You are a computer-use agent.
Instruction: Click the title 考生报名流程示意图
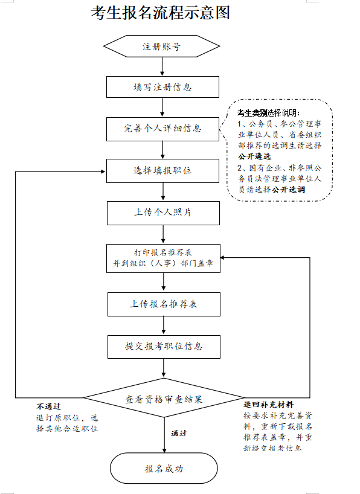pyautogui.click(x=160, y=13)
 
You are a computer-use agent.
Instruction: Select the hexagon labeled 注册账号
pyautogui.click(x=162, y=47)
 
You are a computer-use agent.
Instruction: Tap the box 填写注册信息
pyautogui.click(x=162, y=87)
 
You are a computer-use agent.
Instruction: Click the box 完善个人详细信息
pyautogui.click(x=162, y=129)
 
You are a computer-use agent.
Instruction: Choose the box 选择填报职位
pyautogui.click(x=162, y=171)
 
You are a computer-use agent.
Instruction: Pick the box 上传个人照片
pyautogui.click(x=163, y=213)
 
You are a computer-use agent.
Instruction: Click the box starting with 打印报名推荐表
pyautogui.click(x=163, y=258)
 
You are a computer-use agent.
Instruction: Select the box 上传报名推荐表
pyautogui.click(x=164, y=304)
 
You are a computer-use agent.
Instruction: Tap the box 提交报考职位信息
pyautogui.click(x=164, y=347)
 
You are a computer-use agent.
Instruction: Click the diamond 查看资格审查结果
pyautogui.click(x=164, y=398)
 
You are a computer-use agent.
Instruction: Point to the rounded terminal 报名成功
pyautogui.click(x=164, y=469)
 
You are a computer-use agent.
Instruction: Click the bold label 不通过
pyautogui.click(x=48, y=406)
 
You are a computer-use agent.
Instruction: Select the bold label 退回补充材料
pyautogui.click(x=268, y=405)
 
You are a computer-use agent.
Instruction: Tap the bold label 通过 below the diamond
pyautogui.click(x=178, y=433)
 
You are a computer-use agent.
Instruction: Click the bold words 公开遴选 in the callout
pyautogui.click(x=254, y=156)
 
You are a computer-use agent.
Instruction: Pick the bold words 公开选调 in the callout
pyautogui.click(x=289, y=190)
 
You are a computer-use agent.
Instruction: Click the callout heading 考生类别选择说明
pyautogui.click(x=268, y=113)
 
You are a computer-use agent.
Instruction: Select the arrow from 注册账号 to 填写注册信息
pyautogui.click(x=162, y=66)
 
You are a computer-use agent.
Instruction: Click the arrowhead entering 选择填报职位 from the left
pyautogui.click(x=103, y=172)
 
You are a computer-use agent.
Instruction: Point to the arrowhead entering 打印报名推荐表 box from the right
pyautogui.click(x=222, y=258)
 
